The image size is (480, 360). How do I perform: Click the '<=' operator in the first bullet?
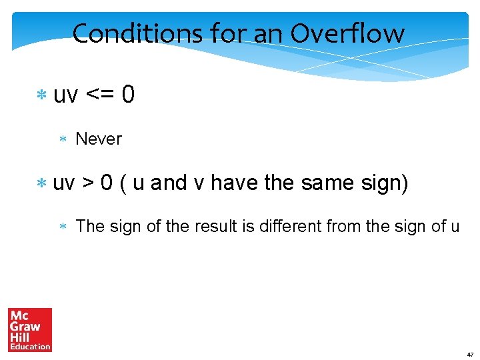point(100,95)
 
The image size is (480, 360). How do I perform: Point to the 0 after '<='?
point(129,95)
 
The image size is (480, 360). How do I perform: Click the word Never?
point(99,139)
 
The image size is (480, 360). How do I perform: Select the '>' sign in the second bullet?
point(87,183)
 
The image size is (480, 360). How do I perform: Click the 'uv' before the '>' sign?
point(64,183)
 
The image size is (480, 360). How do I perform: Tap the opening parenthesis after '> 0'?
point(123,183)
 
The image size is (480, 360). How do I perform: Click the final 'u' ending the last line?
point(455,227)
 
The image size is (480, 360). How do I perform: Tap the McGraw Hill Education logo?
point(30,329)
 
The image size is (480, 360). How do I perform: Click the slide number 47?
point(470,354)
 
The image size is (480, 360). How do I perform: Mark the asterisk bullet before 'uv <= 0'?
point(41,96)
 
